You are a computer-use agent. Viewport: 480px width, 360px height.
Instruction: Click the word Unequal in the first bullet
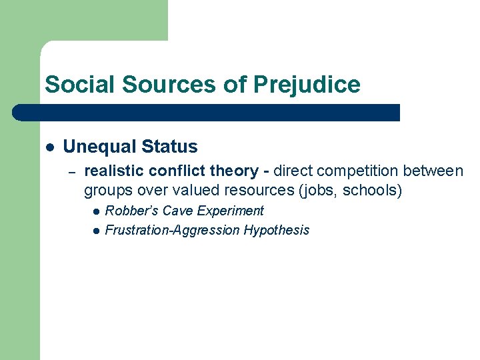tap(95, 147)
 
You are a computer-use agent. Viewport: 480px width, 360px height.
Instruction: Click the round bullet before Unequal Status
tap(49, 147)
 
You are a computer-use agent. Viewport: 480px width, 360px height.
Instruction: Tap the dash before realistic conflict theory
tap(73, 172)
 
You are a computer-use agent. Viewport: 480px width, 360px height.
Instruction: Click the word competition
tap(349, 171)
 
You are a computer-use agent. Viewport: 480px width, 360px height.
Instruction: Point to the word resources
tap(257, 191)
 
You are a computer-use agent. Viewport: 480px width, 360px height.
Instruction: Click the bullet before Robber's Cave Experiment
tap(96, 211)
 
